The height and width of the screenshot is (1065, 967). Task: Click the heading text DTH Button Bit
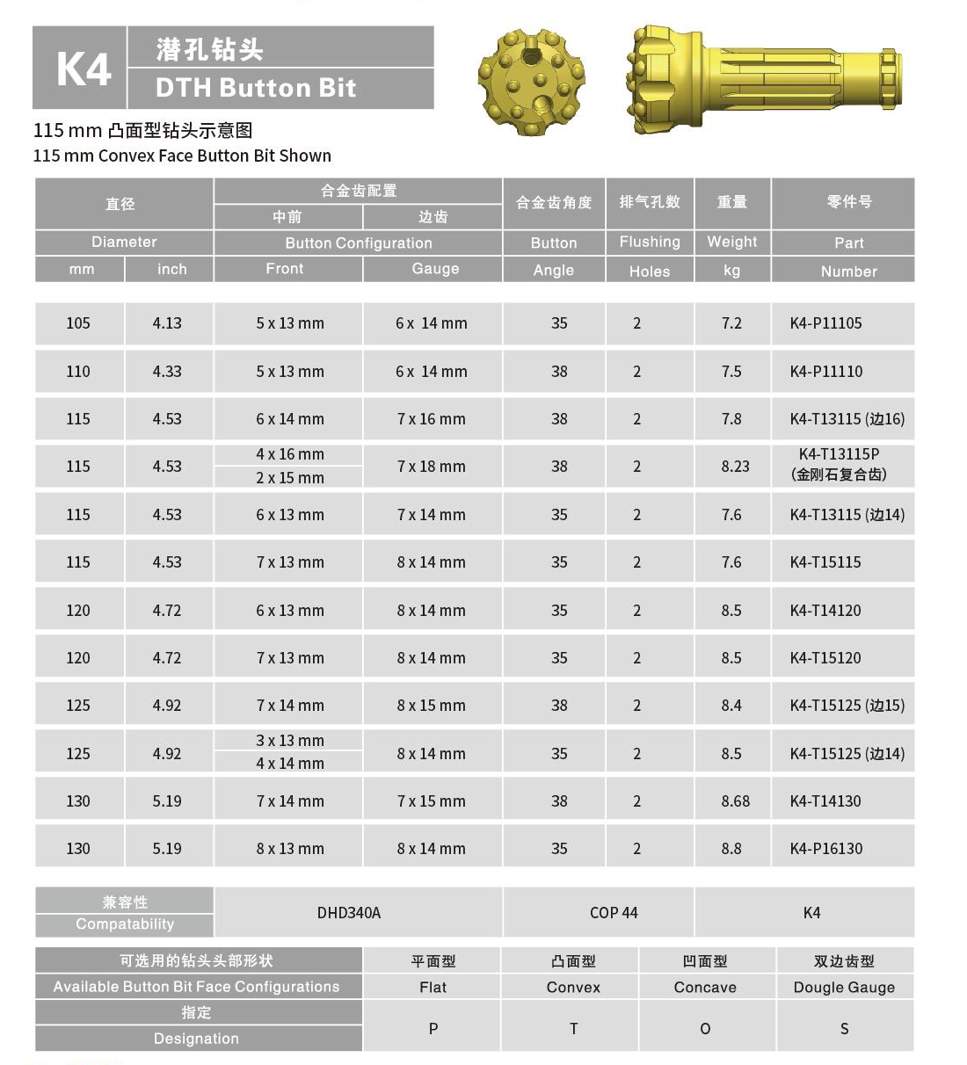(x=256, y=88)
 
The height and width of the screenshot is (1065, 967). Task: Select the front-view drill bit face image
(x=531, y=83)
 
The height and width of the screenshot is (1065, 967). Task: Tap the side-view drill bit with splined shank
(x=763, y=80)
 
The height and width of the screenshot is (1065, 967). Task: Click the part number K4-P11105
(x=825, y=323)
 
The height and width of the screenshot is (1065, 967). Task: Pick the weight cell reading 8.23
(x=735, y=467)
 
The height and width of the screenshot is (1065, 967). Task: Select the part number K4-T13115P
(x=839, y=454)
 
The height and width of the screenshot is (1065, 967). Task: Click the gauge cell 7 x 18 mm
(x=431, y=467)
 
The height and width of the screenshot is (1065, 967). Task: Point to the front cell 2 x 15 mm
(x=290, y=478)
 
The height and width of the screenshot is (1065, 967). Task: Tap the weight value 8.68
(x=735, y=801)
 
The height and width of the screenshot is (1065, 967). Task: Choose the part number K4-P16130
(x=825, y=849)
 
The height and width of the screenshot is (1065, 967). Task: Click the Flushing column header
(x=650, y=242)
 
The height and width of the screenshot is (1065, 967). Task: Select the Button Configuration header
(x=358, y=243)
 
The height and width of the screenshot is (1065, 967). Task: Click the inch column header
(x=171, y=269)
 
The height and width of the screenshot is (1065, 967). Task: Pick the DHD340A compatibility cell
(x=349, y=913)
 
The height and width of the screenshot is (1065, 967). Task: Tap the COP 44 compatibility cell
(x=614, y=913)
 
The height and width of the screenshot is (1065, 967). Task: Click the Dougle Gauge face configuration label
(x=844, y=987)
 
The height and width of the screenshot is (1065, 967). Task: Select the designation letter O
(x=705, y=1028)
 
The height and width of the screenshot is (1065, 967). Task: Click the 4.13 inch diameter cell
(x=167, y=323)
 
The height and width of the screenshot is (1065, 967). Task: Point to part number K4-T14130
(x=825, y=801)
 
